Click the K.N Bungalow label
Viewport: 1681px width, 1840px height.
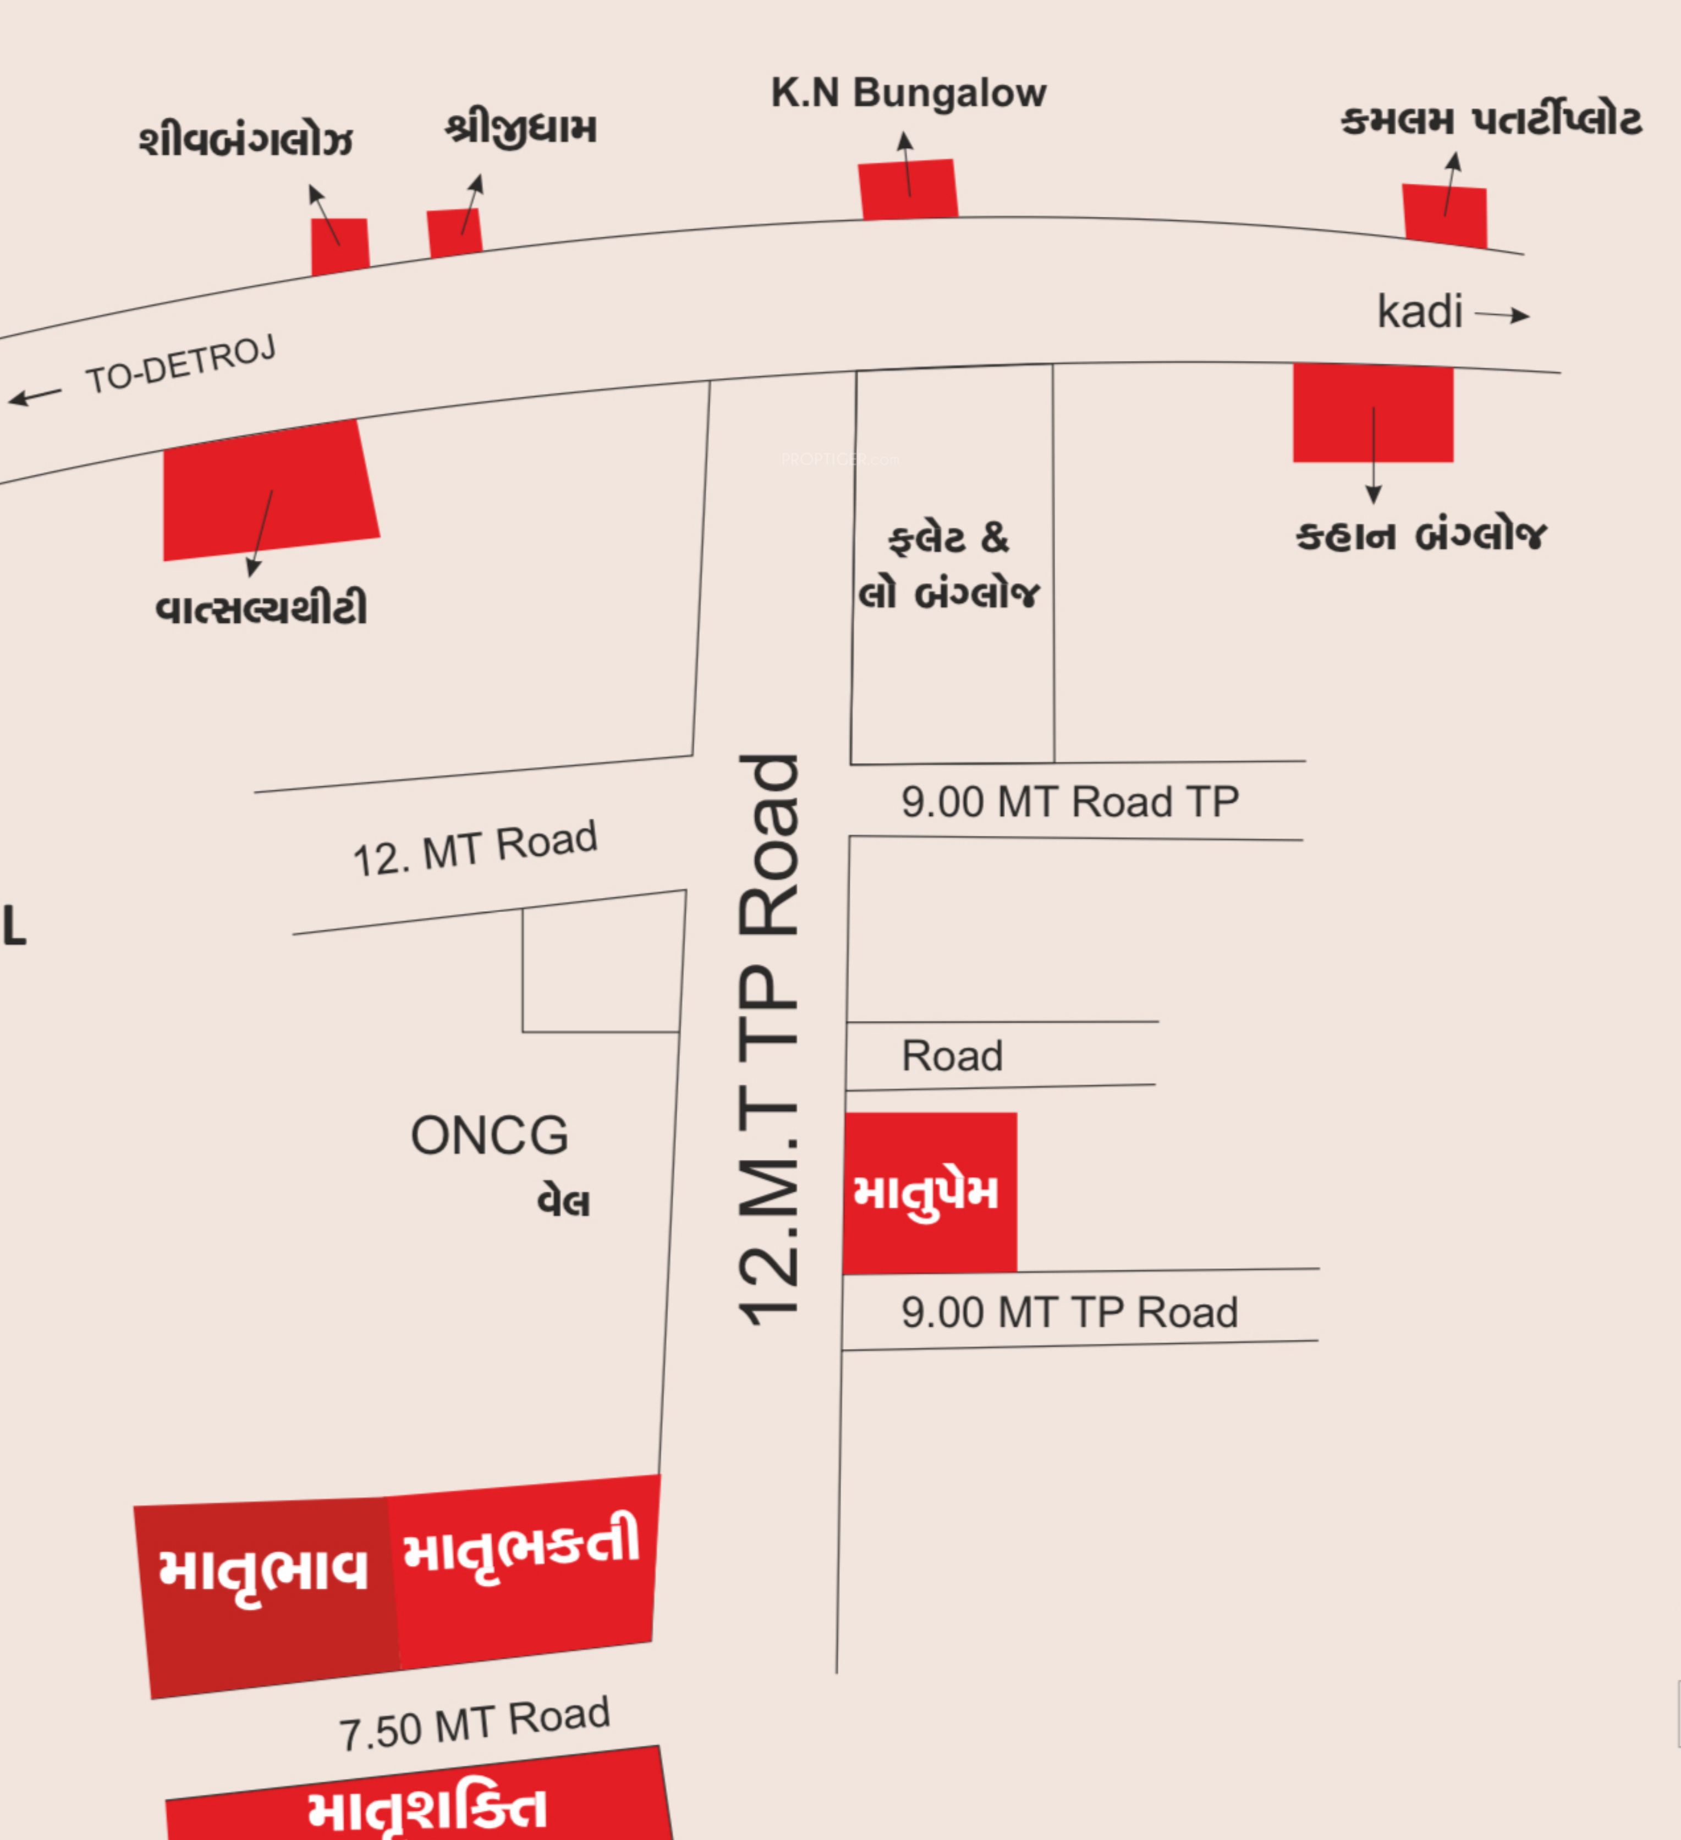[x=908, y=93]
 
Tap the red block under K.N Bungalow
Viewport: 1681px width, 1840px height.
[x=908, y=190]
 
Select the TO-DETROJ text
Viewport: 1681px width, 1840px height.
[x=180, y=364]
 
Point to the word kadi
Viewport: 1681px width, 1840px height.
[x=1419, y=312]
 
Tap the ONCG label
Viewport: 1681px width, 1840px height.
[x=489, y=1135]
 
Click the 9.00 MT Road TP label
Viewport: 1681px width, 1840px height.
[x=1069, y=802]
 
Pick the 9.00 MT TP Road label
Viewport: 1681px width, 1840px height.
[x=1069, y=1312]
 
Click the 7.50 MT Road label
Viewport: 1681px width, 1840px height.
[x=475, y=1724]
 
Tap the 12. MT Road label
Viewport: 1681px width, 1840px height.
[x=475, y=849]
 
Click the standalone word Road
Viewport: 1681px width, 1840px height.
[x=952, y=1056]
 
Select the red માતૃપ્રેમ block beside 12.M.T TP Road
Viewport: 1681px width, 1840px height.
[x=929, y=1192]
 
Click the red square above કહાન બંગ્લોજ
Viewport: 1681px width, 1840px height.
[x=1372, y=413]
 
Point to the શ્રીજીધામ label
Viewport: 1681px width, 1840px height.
[x=521, y=130]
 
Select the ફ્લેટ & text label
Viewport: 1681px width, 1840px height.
[x=949, y=539]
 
